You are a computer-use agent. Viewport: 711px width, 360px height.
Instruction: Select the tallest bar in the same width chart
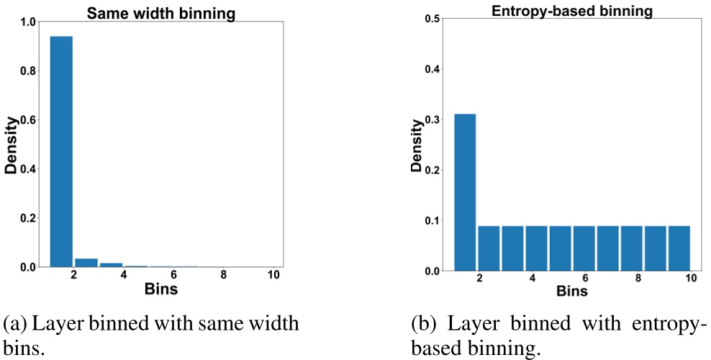(61, 151)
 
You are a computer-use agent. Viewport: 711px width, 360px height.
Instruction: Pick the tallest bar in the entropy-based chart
(464, 192)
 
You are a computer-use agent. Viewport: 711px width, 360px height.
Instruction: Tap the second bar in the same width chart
(86, 263)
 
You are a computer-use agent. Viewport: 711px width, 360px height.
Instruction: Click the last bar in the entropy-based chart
(679, 248)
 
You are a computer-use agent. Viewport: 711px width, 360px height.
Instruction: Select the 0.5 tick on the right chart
(434, 19)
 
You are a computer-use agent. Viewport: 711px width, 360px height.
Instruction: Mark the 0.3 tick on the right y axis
(434, 120)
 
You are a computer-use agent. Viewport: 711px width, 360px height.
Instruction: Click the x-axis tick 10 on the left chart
(273, 275)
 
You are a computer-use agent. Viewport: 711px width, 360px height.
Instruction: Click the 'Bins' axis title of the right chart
(571, 292)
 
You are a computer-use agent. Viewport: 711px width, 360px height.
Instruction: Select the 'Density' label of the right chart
(417, 144)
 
